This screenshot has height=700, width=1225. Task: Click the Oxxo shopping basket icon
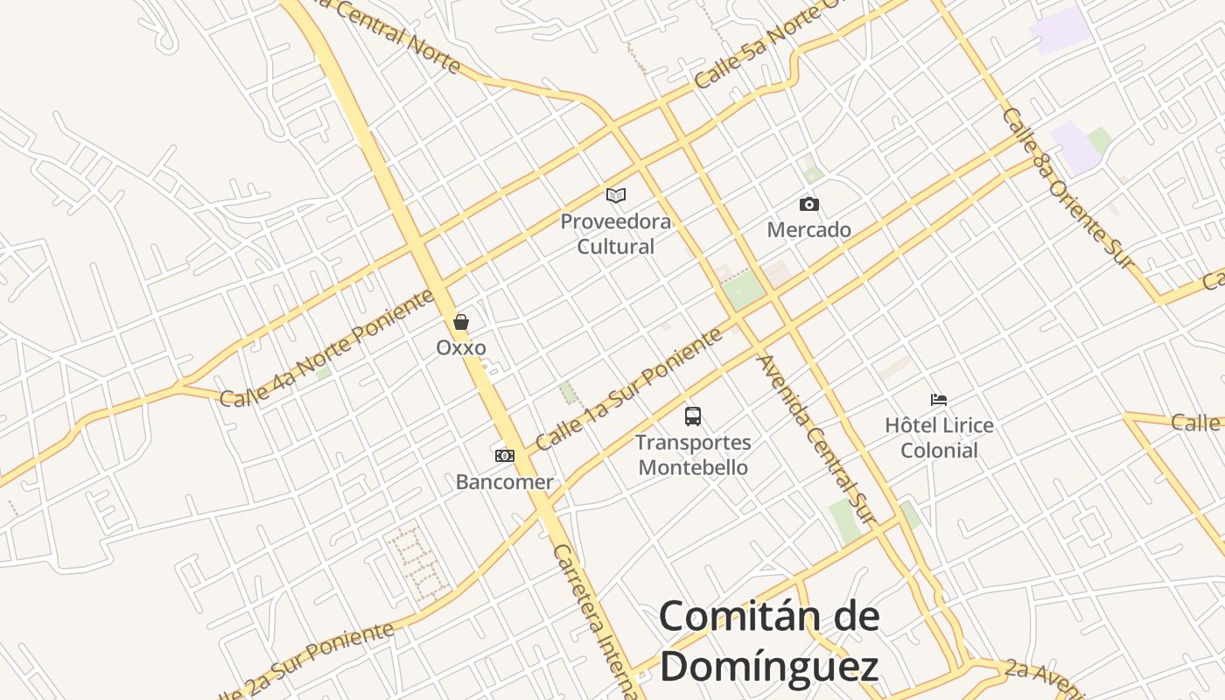461,322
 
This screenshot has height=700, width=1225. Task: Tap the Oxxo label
461,347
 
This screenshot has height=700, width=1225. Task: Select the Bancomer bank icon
505,455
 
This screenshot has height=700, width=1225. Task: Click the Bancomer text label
505,482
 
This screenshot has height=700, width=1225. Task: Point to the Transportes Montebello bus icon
693,416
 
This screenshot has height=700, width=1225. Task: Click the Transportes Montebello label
693,455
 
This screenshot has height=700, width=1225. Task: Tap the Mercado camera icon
809,204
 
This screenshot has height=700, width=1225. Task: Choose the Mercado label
809,230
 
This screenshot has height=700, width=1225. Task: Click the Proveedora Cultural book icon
616,194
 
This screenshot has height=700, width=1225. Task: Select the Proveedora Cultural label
616,234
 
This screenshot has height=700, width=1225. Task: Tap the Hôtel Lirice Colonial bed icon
939,400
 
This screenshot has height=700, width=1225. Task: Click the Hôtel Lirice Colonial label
939,438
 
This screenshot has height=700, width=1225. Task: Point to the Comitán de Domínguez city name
769,641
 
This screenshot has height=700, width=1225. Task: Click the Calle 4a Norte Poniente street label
327,349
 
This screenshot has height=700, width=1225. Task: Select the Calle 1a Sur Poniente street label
628,388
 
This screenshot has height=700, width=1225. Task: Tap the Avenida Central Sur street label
815,439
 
